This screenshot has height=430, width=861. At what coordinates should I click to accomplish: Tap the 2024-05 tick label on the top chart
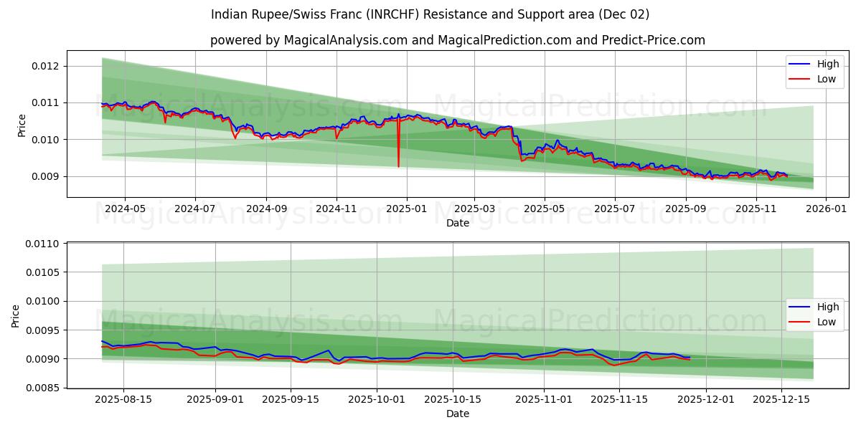pos(125,209)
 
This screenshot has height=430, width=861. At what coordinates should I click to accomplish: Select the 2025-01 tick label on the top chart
pos(406,209)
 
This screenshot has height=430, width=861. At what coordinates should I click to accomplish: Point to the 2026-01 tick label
pos(826,209)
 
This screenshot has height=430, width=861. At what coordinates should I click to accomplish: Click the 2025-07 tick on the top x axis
pos(615,209)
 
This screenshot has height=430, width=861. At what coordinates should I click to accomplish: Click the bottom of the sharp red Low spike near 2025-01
pos(398,166)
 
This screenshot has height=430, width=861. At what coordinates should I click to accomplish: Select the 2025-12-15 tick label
pos(781,399)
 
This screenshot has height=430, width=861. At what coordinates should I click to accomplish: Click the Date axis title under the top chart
pos(458,223)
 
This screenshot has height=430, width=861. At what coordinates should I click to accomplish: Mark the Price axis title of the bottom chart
pos(16,315)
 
